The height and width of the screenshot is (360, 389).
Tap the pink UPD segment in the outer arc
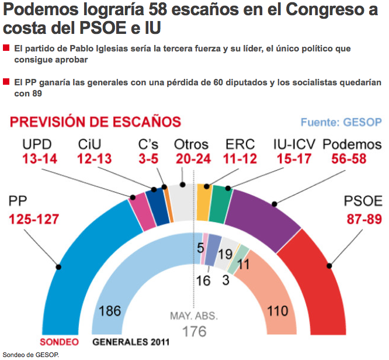[x=139, y=210]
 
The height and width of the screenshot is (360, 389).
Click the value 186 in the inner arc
[x=110, y=310]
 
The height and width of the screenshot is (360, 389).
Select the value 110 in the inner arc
[x=277, y=310]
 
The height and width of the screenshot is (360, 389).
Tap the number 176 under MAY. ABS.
[x=194, y=331]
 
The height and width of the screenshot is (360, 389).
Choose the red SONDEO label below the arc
[x=58, y=342]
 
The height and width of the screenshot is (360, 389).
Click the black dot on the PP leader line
[x=58, y=267]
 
